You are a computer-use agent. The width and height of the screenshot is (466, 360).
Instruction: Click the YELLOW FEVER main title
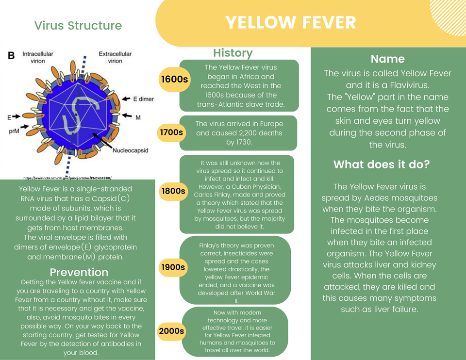291,22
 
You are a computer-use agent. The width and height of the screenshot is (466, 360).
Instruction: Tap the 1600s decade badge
174,79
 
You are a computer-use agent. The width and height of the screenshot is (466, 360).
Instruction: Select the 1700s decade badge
171,131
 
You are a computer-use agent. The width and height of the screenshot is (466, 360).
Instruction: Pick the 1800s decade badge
173,191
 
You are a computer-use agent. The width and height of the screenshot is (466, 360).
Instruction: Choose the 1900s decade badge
173,267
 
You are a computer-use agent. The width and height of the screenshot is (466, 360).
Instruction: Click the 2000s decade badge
171,331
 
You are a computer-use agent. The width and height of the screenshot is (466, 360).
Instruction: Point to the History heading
233,53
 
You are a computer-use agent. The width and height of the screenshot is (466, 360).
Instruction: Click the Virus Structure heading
78,26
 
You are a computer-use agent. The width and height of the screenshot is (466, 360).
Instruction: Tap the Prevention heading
79,272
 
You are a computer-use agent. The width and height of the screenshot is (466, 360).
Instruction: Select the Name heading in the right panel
387,59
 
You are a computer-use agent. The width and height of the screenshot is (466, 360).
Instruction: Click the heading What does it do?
381,164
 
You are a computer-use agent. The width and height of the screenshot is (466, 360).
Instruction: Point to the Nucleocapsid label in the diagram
130,151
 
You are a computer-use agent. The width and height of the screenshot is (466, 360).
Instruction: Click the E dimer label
143,99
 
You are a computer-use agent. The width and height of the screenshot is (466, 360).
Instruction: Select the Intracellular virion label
37,57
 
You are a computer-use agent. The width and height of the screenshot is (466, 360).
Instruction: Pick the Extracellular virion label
115,57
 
